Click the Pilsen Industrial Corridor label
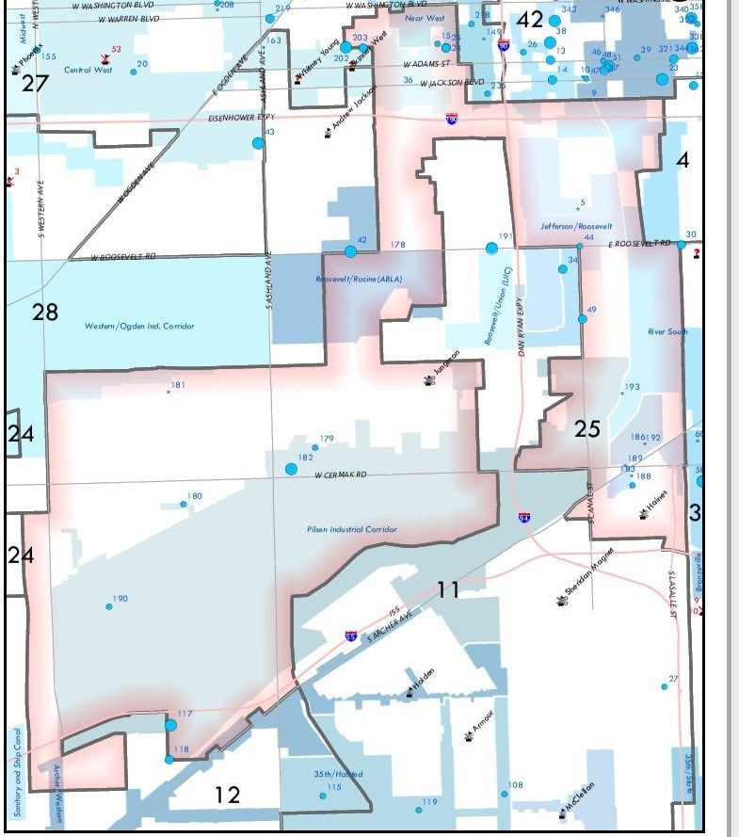click(352, 530)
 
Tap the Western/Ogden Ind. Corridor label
click(139, 326)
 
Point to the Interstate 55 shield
click(350, 637)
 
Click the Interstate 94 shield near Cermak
click(524, 518)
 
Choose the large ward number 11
click(448, 590)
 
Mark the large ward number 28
click(45, 312)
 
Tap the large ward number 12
click(227, 795)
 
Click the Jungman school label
click(445, 366)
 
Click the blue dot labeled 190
click(109, 607)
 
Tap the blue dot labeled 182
click(292, 468)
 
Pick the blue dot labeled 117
click(170, 725)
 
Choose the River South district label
click(667, 332)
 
